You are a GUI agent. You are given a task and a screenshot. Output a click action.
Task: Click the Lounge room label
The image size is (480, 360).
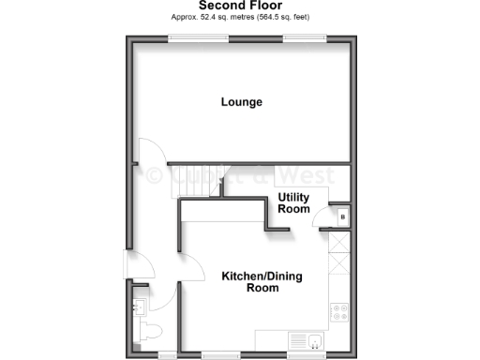coord(241,102)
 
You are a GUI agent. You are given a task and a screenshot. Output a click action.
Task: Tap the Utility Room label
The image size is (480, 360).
coord(293,203)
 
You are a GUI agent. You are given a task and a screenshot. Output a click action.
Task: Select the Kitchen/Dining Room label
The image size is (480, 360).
coord(249,282)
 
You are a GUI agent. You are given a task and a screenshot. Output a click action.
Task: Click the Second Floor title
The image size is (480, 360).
coord(240,7)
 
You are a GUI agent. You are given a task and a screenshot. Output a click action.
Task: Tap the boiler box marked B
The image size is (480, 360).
coord(342,217)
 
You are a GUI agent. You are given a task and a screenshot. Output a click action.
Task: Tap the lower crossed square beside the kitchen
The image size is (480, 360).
coord(338,265)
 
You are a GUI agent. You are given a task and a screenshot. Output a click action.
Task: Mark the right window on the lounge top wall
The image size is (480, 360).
coord(306,37)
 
